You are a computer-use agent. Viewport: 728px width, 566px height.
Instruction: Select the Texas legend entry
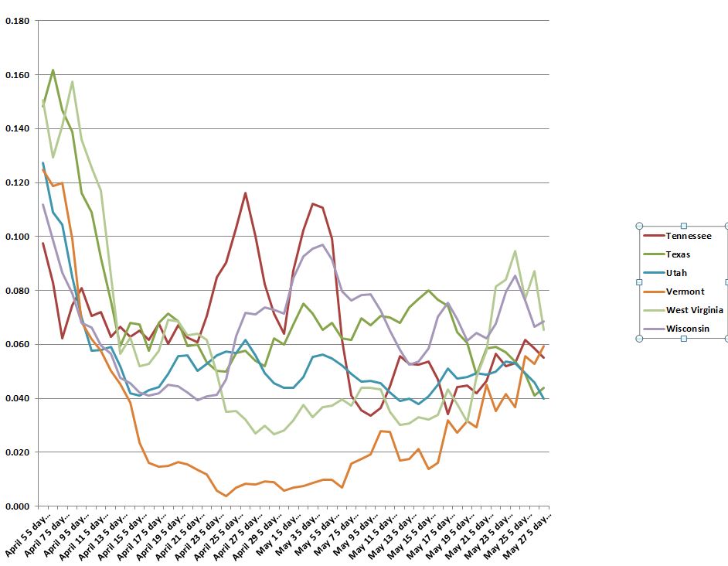pyautogui.click(x=679, y=254)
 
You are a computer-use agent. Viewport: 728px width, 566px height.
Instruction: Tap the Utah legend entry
pyautogui.click(x=676, y=273)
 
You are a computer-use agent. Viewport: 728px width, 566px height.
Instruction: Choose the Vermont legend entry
pyautogui.click(x=683, y=292)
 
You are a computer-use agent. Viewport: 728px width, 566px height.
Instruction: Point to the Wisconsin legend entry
pyautogui.click(x=686, y=329)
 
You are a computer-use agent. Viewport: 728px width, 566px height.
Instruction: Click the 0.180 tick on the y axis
pyautogui.click(x=17, y=21)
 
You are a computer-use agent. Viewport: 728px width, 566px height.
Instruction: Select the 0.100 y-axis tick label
pyautogui.click(x=17, y=237)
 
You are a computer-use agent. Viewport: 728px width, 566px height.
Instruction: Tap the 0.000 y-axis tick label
pyautogui.click(x=17, y=506)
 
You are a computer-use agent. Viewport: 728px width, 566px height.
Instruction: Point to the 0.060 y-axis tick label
pyautogui.click(x=17, y=344)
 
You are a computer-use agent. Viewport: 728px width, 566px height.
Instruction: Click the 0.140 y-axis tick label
pyautogui.click(x=17, y=128)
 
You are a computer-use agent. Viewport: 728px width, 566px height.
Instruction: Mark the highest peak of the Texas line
pyautogui.click(x=53, y=70)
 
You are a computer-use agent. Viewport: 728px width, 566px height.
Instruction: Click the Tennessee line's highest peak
pyautogui.click(x=245, y=193)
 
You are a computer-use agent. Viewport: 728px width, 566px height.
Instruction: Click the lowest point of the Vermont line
pyautogui.click(x=226, y=496)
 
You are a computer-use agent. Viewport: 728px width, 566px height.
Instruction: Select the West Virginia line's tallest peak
pyautogui.click(x=72, y=81)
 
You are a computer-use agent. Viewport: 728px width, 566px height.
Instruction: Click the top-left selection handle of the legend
pyautogui.click(x=640, y=226)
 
